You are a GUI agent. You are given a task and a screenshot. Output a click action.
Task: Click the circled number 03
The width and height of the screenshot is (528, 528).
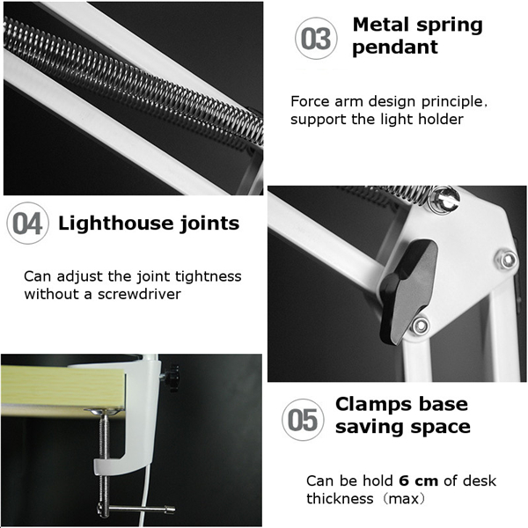[316, 39]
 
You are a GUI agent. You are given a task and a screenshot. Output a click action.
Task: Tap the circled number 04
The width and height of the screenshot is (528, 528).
[27, 223]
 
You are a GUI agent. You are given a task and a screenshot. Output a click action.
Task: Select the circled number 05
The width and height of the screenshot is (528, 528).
[303, 420]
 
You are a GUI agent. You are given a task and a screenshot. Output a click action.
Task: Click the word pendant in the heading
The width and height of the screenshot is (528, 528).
[395, 48]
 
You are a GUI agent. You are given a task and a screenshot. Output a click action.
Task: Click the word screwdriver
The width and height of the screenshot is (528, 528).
[139, 294]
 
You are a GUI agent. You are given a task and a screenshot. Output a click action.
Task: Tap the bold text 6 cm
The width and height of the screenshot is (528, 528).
[419, 480]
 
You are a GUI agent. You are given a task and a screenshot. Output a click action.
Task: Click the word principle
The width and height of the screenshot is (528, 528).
[454, 102]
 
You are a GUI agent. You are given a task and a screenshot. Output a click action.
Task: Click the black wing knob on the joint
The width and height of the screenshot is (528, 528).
[408, 291]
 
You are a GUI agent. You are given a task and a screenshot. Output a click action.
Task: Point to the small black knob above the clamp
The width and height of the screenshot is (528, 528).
[172, 378]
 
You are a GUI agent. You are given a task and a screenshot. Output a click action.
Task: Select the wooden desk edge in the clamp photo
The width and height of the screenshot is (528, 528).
[63, 387]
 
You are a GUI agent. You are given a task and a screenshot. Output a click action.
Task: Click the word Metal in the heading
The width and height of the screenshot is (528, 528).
[380, 25]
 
